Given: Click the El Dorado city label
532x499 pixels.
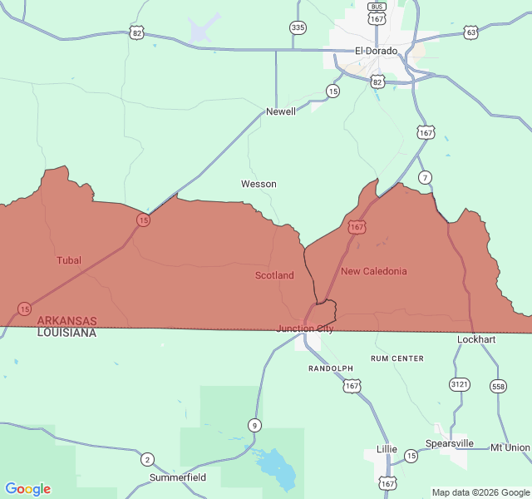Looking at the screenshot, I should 376,51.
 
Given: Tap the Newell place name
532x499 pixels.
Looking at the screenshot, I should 280,111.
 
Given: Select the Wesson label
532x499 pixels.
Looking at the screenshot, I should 259,184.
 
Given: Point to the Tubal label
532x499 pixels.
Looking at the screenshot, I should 69,260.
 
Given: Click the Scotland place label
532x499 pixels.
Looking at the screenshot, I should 274,275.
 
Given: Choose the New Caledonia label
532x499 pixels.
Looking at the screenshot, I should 374,271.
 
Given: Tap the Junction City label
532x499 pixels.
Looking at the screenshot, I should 305,329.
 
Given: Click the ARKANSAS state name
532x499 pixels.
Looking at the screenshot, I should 66,320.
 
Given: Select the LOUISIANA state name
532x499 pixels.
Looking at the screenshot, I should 66,333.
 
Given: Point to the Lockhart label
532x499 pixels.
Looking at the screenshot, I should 476,339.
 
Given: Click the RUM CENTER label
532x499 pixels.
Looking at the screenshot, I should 397,358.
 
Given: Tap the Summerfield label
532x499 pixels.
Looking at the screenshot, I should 178,478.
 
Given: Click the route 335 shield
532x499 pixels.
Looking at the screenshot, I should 298,28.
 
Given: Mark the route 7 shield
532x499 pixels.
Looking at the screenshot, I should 425,177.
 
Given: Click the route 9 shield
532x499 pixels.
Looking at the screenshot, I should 254,426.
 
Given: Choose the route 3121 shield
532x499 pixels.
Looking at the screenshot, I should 459,384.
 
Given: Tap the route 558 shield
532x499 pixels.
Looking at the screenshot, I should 498,386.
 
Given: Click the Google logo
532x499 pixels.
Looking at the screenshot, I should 27,489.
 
